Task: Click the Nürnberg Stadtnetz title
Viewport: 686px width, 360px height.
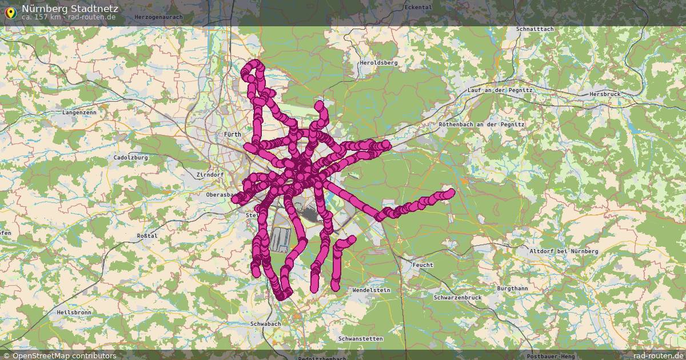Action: [x=70, y=8]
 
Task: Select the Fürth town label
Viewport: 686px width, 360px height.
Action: [x=233, y=134]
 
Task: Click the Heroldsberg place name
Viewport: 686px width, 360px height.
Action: [x=378, y=62]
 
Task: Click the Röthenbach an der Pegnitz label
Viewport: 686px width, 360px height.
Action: [x=482, y=124]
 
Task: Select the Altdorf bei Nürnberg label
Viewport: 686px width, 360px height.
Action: [x=564, y=251]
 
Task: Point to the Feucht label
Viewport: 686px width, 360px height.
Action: [x=422, y=265]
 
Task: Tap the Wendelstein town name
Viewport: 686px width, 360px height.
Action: [x=371, y=290]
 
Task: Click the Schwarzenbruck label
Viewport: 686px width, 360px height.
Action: [x=457, y=298]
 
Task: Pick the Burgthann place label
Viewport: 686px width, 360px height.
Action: [x=512, y=289]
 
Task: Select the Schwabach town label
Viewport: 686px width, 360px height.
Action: [x=266, y=324]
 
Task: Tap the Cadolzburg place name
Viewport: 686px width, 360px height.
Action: [x=131, y=157]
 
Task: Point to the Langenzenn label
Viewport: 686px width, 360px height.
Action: [x=79, y=113]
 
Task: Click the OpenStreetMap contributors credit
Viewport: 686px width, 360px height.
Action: [x=59, y=355]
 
